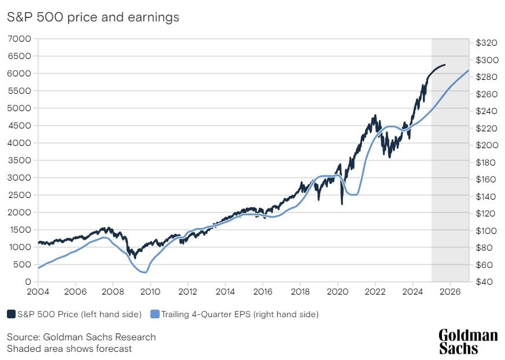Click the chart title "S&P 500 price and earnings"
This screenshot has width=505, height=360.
(x=93, y=17)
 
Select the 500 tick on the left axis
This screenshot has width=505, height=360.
(x=23, y=264)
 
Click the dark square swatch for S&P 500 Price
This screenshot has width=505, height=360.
(x=11, y=314)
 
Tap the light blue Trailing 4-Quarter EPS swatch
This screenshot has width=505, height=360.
(x=154, y=314)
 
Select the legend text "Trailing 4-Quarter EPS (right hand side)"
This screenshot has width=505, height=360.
(x=239, y=314)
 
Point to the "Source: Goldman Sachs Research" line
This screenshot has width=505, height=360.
(x=81, y=337)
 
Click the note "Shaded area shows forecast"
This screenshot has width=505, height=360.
(x=69, y=348)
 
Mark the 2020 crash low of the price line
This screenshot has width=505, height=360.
(x=342, y=203)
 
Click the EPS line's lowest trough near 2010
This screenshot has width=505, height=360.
(x=146, y=272)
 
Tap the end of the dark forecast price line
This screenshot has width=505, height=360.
(x=445, y=65)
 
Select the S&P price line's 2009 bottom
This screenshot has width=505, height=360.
(x=135, y=258)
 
